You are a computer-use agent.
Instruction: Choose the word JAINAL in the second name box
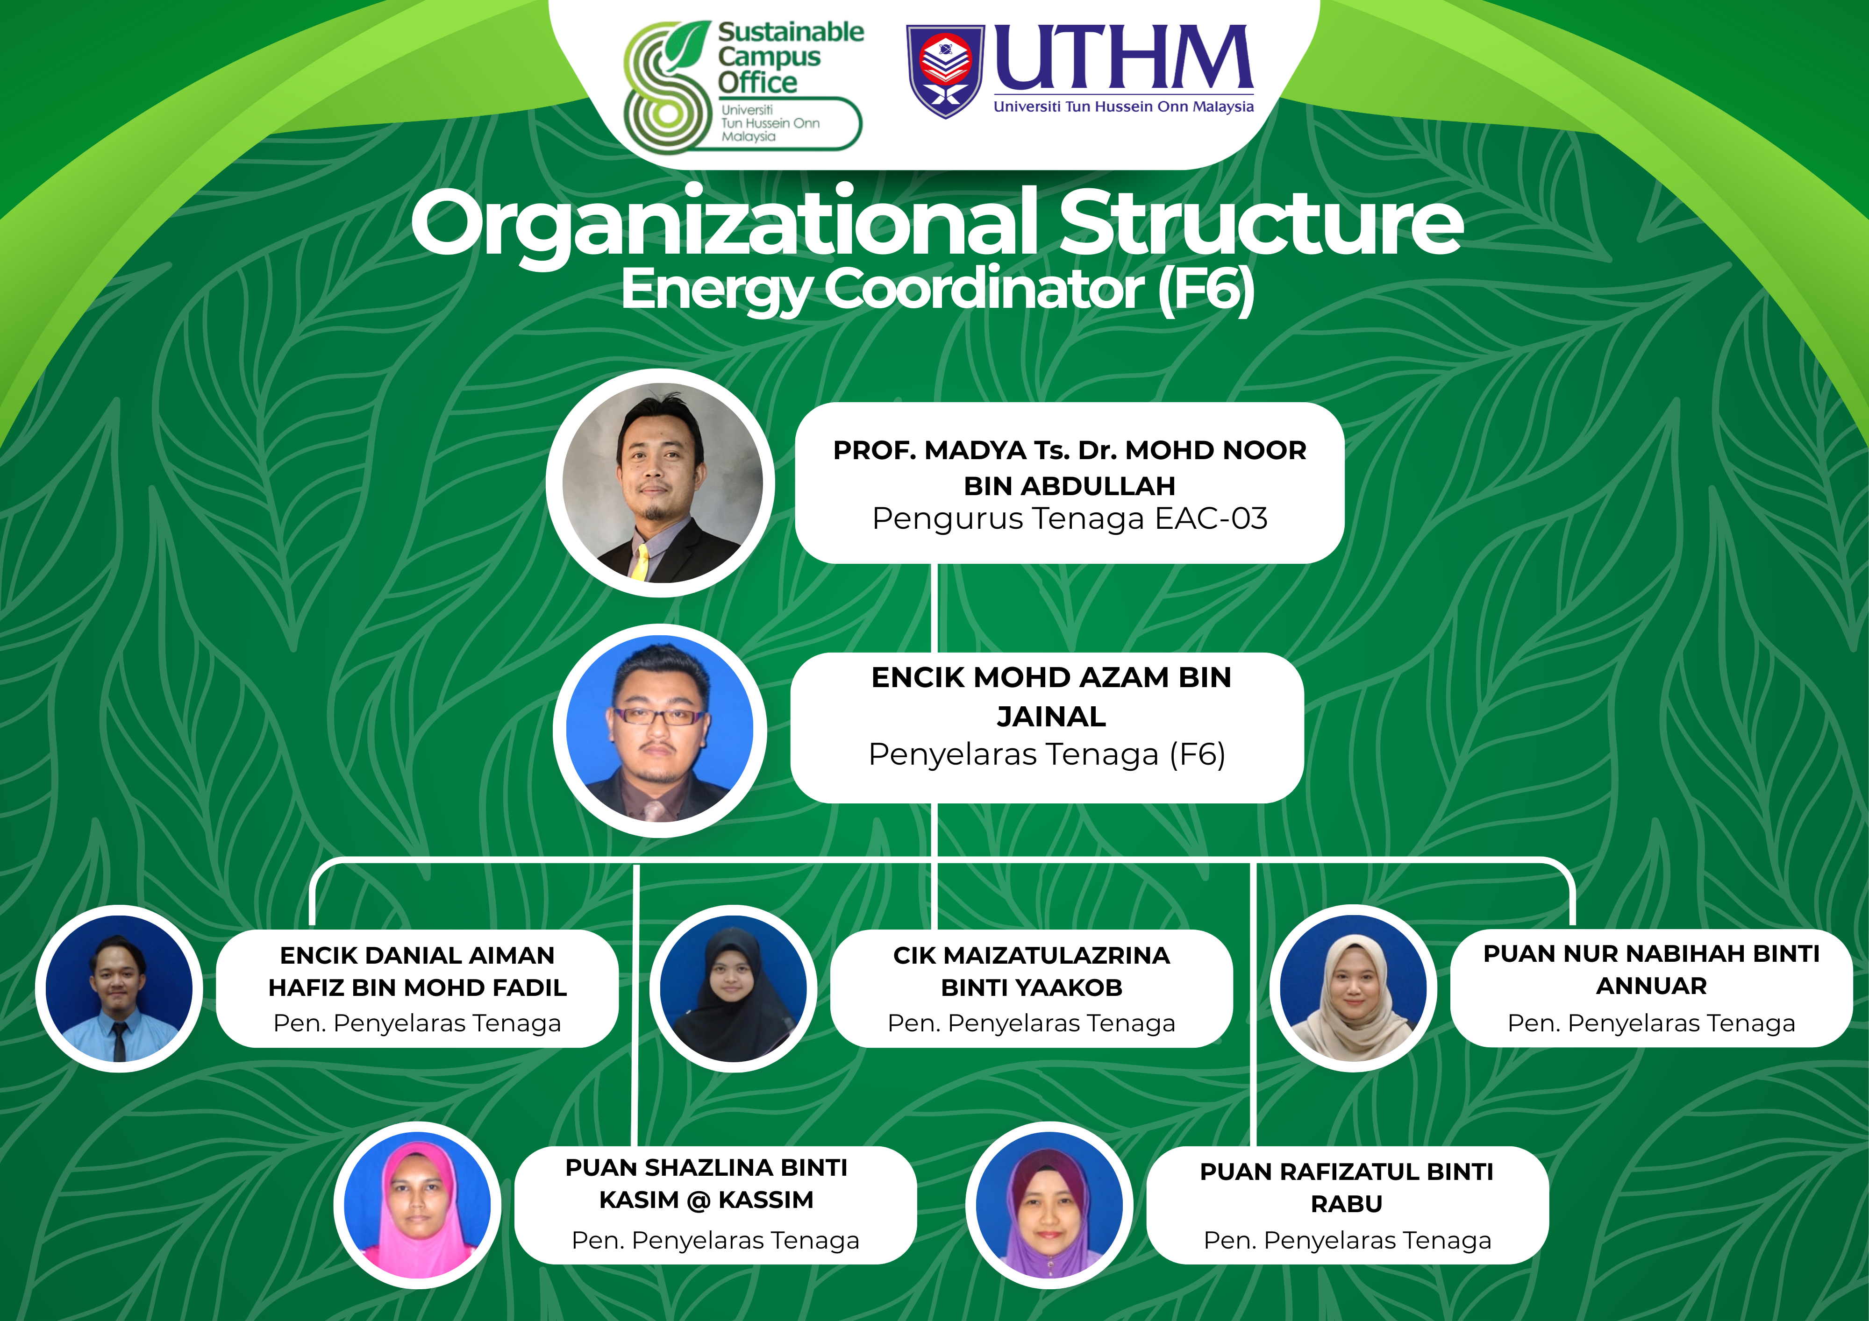tap(1051, 716)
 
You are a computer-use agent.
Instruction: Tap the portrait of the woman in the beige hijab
tap(1353, 988)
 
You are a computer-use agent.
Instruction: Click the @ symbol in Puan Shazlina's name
tap(698, 1200)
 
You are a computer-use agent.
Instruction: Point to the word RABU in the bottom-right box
tap(1347, 1204)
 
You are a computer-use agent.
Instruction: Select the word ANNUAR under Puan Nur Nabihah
tap(1651, 986)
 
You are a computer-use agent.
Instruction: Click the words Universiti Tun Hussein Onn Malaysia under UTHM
tap(1123, 107)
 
